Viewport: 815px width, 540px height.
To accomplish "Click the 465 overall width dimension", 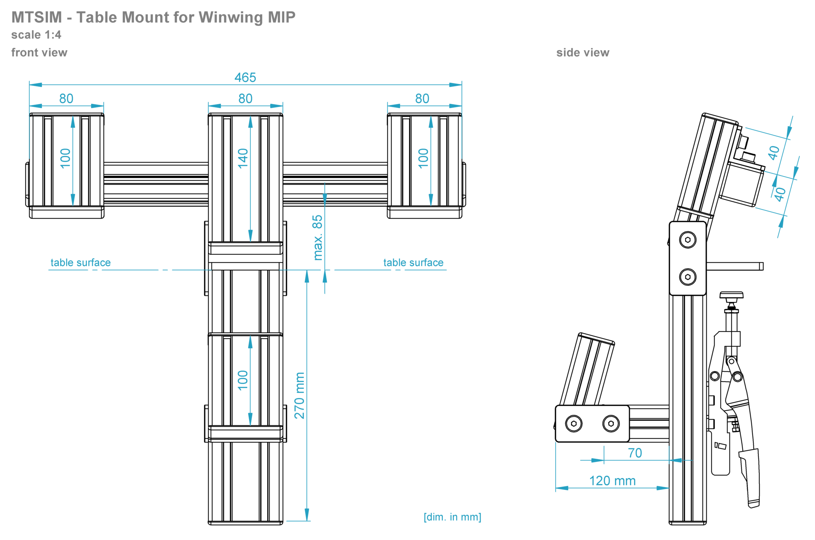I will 245,77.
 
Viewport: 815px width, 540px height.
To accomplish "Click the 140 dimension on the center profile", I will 243,158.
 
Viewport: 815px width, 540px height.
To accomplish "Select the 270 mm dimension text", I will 299,395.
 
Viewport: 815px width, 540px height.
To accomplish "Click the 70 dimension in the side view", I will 635,453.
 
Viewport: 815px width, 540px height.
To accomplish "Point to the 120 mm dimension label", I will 612,481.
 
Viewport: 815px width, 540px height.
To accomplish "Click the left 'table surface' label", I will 80,263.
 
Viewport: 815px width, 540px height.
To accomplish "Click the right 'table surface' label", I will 413,263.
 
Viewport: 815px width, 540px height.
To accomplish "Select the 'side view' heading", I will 583,53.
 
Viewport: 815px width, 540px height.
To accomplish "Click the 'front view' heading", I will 39,53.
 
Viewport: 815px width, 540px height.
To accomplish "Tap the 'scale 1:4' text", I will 36,35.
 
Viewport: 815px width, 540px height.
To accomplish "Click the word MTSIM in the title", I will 37,18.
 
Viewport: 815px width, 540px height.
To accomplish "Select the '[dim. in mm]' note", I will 452,517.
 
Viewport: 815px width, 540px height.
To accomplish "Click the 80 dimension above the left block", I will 66,98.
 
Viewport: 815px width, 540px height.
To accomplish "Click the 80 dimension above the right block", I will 422,98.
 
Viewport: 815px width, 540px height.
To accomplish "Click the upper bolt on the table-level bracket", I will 688,240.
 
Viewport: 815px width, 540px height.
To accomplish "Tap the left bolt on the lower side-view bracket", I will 573,424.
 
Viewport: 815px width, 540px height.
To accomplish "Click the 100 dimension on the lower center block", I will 243,380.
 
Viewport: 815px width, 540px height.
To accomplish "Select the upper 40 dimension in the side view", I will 774,152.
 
